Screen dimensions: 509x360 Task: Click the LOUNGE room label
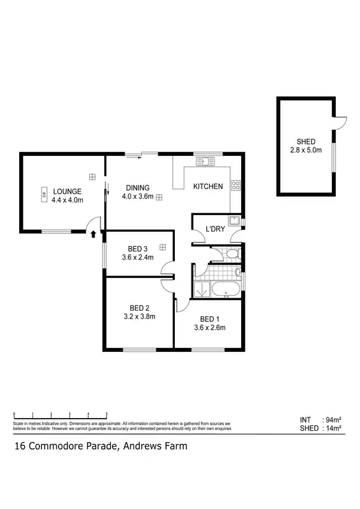coord(67,191)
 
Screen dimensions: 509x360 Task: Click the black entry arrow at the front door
coord(93,234)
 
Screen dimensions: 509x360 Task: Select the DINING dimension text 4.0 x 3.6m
coord(138,197)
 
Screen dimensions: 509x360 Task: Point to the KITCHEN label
coord(208,186)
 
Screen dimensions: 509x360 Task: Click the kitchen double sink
coord(206,162)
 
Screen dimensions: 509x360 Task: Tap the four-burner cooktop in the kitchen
coord(235,186)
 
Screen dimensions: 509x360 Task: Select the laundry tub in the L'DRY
coord(234,221)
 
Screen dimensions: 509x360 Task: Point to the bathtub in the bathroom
coord(226,290)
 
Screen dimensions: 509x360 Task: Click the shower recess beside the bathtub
coord(202,289)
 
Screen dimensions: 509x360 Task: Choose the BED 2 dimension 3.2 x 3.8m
coord(139,316)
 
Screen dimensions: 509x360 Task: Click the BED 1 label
coord(209,319)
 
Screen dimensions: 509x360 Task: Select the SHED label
coord(306,141)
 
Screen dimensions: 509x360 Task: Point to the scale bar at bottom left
coord(60,414)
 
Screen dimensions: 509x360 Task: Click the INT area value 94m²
coord(333,420)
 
